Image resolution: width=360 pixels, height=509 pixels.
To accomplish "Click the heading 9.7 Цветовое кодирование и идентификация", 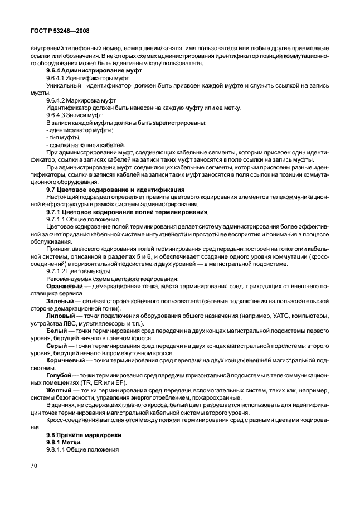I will pyautogui.click(x=115, y=189).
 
